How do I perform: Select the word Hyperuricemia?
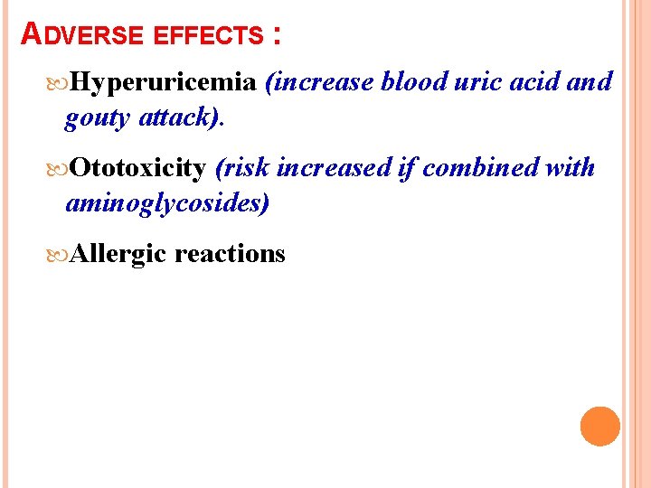(x=165, y=82)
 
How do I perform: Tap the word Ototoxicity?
(x=137, y=168)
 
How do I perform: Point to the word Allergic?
(x=118, y=254)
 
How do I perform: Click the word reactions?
(x=230, y=254)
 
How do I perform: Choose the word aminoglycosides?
(x=167, y=204)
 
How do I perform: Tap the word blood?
(x=413, y=82)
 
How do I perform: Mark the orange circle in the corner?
(x=599, y=426)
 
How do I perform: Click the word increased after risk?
(x=335, y=168)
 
